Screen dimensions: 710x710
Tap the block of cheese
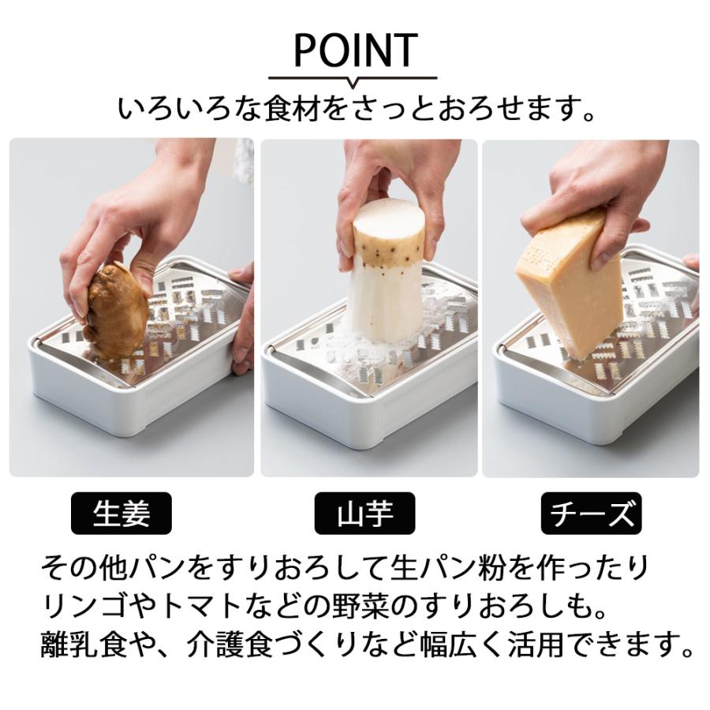tap(570, 284)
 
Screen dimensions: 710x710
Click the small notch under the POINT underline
tap(353, 83)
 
